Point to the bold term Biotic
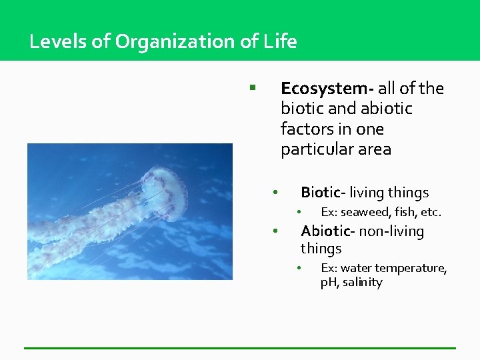321,193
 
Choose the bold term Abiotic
326,231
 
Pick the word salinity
363,283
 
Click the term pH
329,283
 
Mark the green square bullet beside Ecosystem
253,87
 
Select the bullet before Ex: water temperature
300,268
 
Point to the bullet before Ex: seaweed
300,213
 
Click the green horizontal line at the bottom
240,348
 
